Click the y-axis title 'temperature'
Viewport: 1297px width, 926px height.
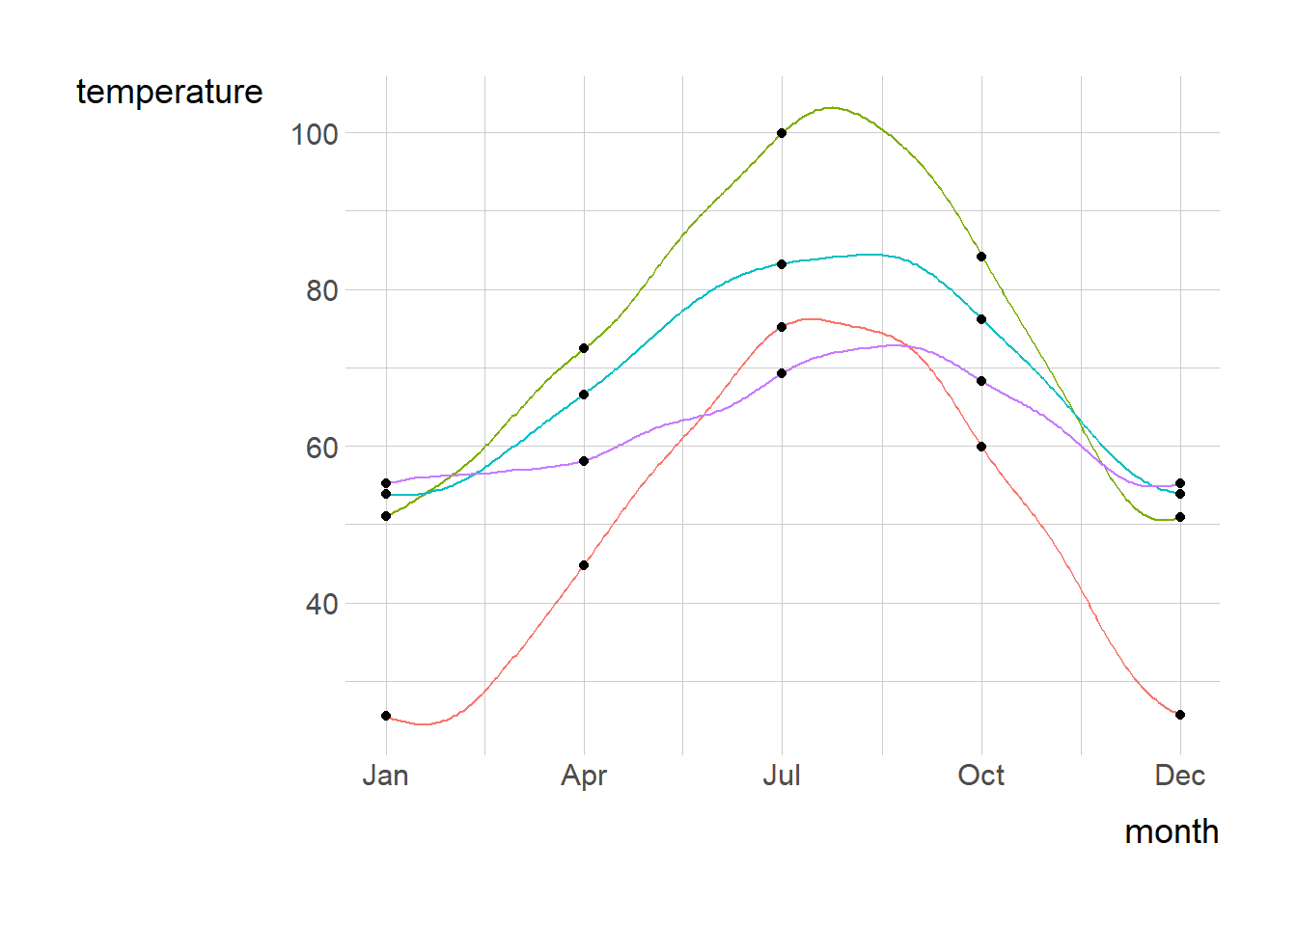169,92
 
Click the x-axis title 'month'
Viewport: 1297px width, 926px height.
1171,831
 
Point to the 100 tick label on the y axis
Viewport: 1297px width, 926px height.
315,134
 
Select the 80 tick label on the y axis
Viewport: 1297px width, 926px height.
321,290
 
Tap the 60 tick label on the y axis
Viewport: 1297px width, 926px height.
321,448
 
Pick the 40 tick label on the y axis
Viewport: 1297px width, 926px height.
321,605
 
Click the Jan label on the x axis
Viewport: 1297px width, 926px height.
386,776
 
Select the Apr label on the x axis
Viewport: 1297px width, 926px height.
584,776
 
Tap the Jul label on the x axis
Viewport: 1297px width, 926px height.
782,776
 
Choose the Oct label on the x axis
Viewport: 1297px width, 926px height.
980,776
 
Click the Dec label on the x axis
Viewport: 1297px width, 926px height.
1179,776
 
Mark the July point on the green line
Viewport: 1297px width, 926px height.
782,133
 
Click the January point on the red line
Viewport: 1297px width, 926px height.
386,716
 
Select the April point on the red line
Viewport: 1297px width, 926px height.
584,565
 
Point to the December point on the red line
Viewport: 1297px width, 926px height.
1180,715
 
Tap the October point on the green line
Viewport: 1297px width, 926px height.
981,257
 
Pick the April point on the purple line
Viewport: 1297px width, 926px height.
584,461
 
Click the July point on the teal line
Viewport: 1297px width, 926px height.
782,264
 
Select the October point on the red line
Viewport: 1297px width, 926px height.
981,447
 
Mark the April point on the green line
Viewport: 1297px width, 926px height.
584,348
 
